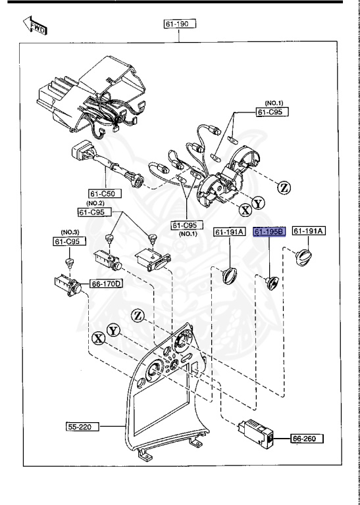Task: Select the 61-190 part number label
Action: pos(180,24)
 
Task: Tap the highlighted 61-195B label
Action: pos(269,231)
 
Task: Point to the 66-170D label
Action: pos(105,284)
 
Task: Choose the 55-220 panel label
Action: pos(83,427)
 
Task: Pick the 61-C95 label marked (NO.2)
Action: pos(95,212)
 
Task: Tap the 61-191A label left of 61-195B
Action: pos(230,231)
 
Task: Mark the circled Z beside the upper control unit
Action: pos(284,187)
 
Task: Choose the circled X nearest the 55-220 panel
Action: pos(98,338)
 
